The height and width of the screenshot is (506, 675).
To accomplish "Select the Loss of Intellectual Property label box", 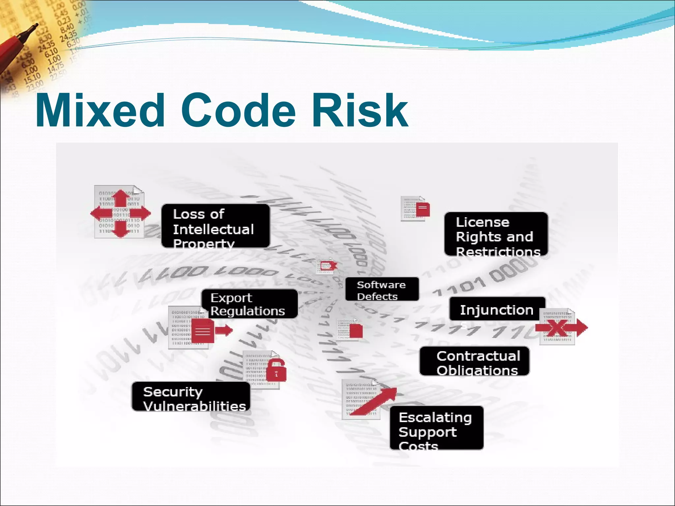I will click(x=215, y=226).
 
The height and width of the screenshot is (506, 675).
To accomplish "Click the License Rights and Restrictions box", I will click(x=496, y=234).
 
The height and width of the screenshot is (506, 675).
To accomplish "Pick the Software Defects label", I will click(x=382, y=289).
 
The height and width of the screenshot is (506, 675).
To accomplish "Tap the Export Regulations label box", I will click(x=249, y=304).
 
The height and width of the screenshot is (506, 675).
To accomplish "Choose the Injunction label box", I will click(x=497, y=309).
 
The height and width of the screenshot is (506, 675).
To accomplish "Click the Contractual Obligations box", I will click(x=474, y=361).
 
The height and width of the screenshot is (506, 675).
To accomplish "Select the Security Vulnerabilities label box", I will click(x=191, y=397).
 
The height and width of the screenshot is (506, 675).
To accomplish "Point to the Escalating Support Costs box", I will click(x=436, y=428).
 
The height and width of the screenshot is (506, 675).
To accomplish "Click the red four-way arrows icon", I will click(x=121, y=213).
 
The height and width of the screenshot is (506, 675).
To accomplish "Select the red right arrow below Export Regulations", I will click(x=224, y=330).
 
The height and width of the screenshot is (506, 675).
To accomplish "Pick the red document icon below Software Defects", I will click(x=356, y=331).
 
